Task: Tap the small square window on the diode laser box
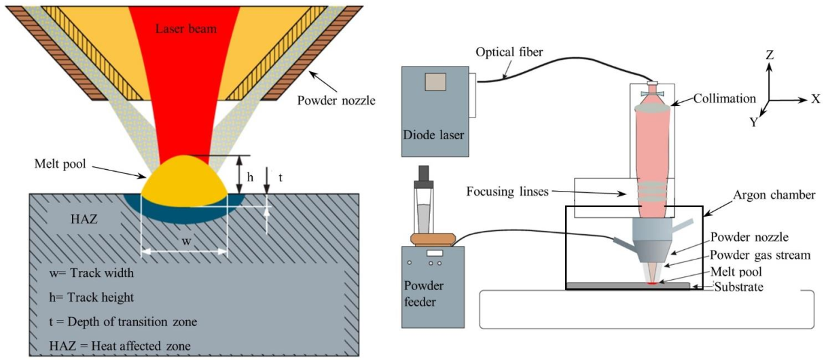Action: pos(435,82)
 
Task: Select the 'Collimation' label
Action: pos(725,98)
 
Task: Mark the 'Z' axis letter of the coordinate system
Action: pos(770,55)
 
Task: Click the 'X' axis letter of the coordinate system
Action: pos(815,98)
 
